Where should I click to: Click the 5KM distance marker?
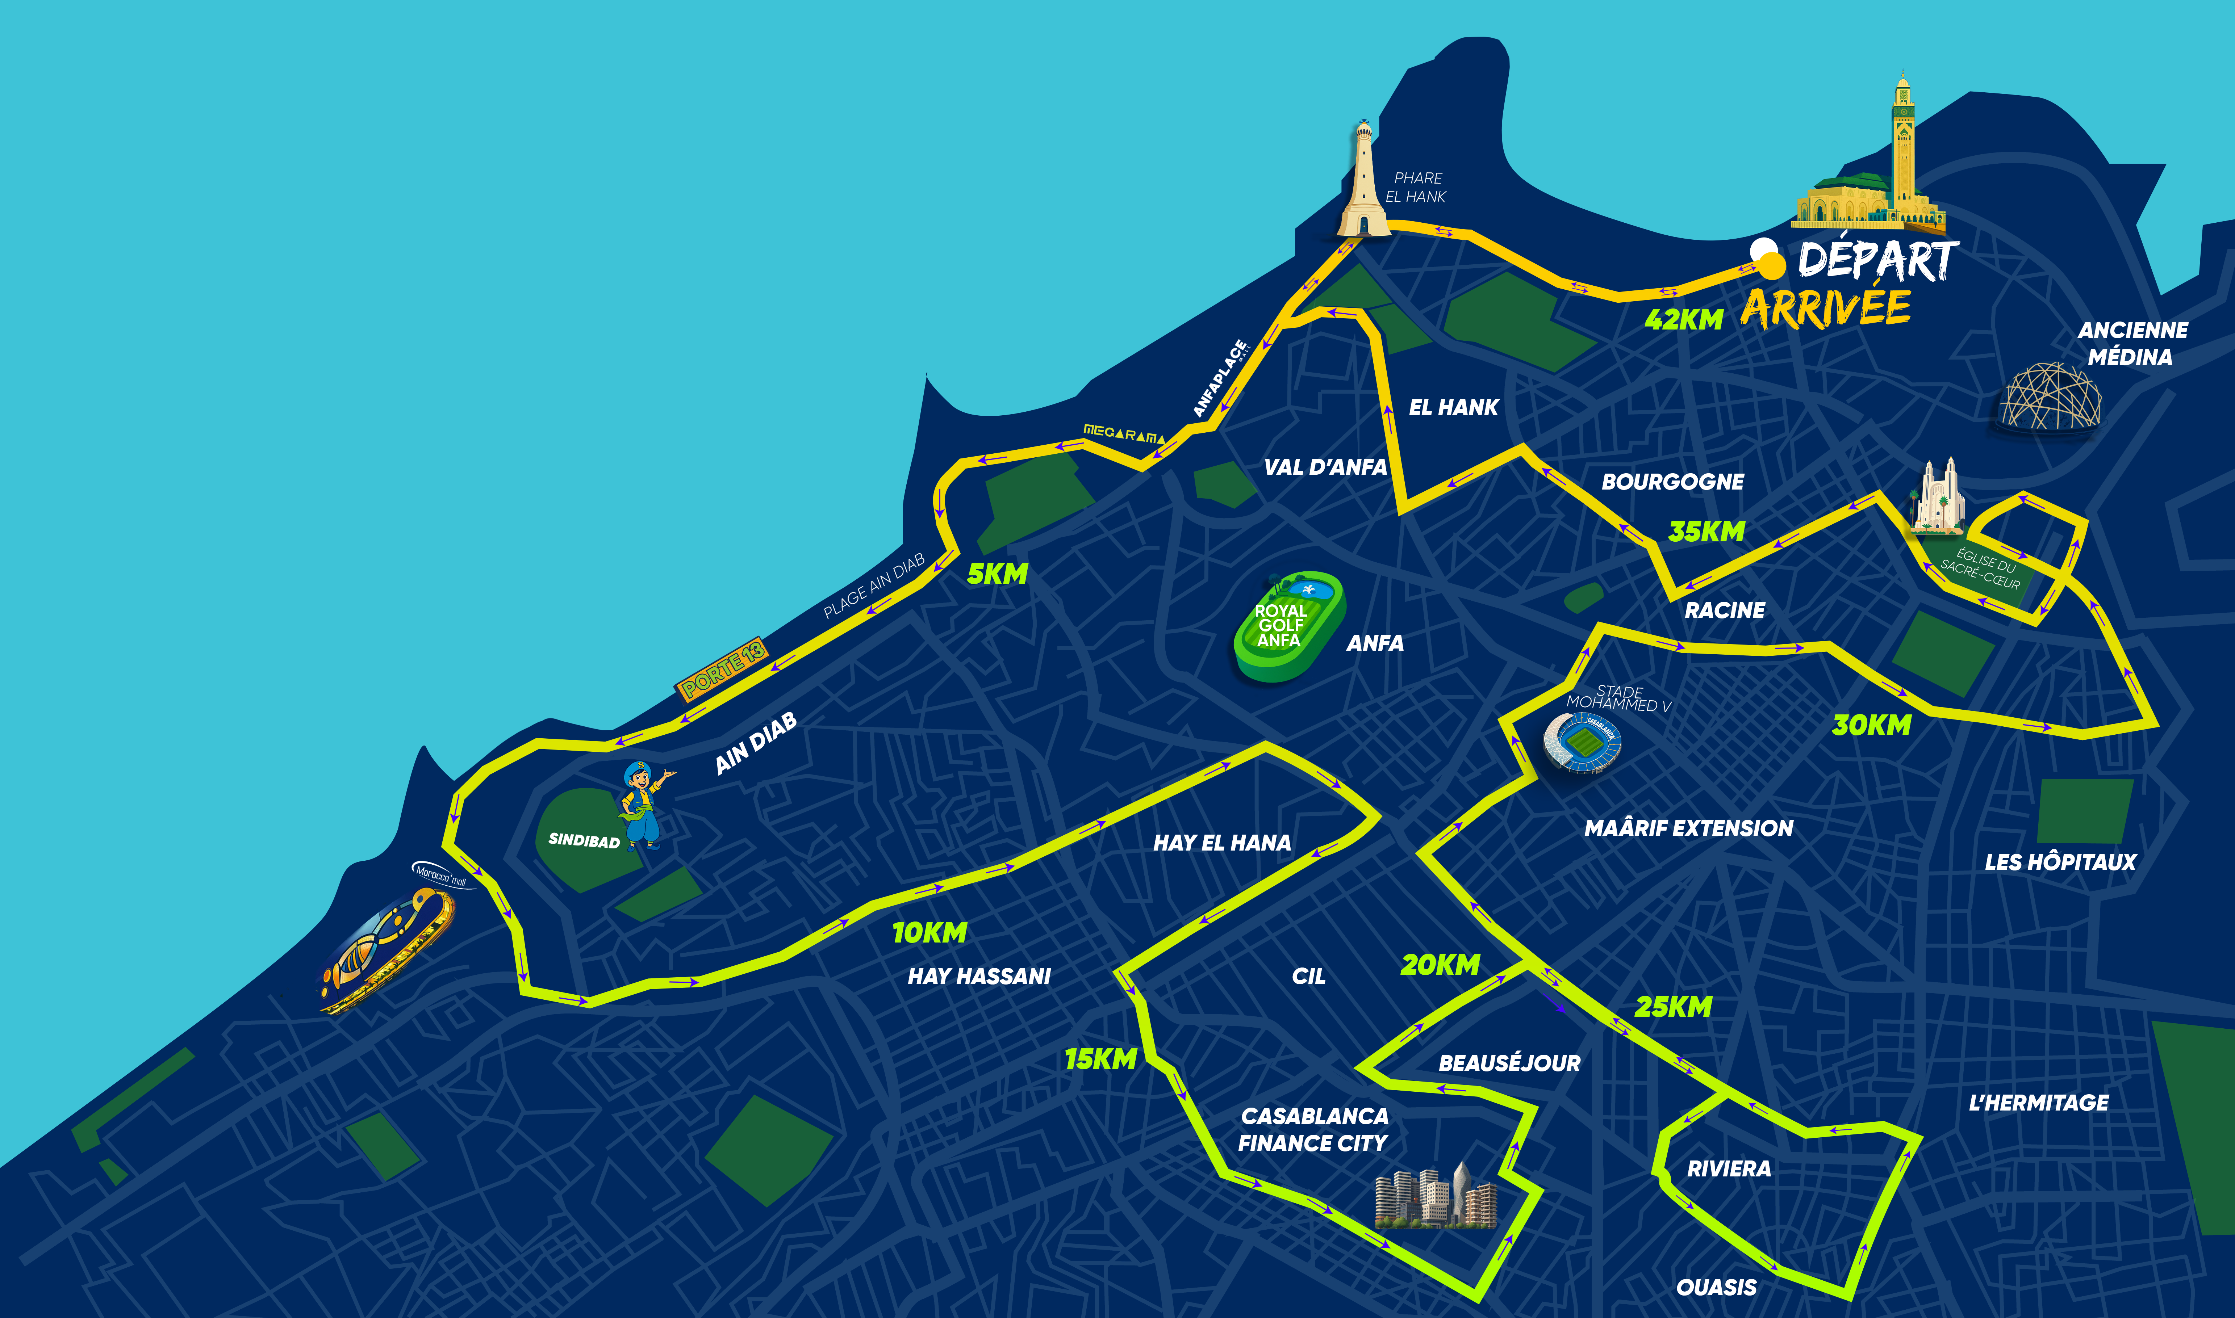(x=997, y=575)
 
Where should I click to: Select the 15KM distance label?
(x=1100, y=1059)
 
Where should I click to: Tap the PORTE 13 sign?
(x=721, y=668)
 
